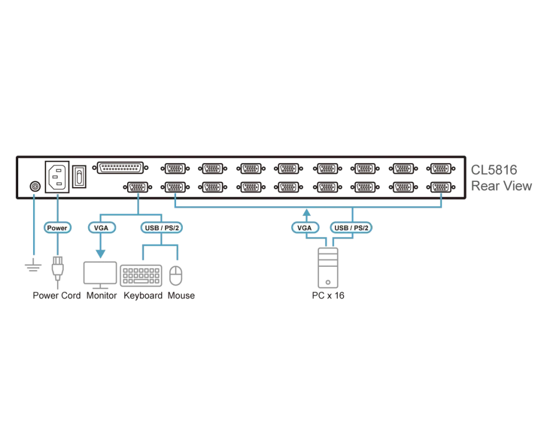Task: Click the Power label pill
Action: [x=58, y=228]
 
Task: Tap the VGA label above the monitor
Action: [x=101, y=228]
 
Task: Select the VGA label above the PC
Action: [x=305, y=228]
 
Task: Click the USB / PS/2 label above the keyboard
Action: [x=161, y=228]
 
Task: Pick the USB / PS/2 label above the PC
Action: [x=351, y=228]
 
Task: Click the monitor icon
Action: [x=100, y=275]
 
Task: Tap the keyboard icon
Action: [x=141, y=276]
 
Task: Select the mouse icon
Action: [x=176, y=276]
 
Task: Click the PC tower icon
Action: [x=328, y=268]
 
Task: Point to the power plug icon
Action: [x=58, y=268]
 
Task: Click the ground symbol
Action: [x=34, y=266]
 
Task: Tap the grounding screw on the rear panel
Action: [x=35, y=187]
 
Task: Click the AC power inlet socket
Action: [x=57, y=177]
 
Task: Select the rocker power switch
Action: [x=79, y=177]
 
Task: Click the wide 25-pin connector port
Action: [x=120, y=168]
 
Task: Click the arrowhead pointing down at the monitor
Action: [x=101, y=254]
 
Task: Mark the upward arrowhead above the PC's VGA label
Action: [x=307, y=213]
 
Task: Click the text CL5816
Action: [x=494, y=170]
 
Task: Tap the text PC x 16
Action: [x=328, y=296]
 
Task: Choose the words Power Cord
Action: [x=56, y=296]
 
